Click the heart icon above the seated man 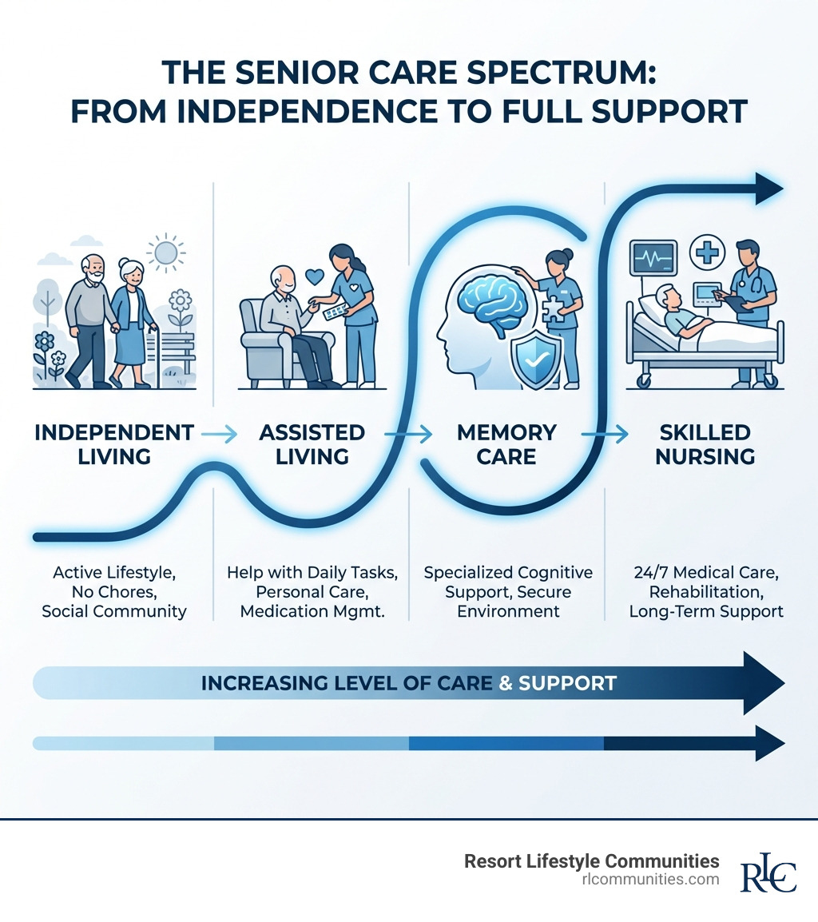click(x=315, y=277)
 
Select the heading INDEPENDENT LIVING click(x=114, y=444)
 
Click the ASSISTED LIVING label click(x=312, y=444)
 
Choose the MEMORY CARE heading click(x=506, y=444)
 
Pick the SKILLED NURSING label click(x=705, y=444)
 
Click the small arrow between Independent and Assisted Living click(x=219, y=434)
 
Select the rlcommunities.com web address click(x=651, y=879)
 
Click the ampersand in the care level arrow click(x=505, y=683)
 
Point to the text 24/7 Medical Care click(x=705, y=572)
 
